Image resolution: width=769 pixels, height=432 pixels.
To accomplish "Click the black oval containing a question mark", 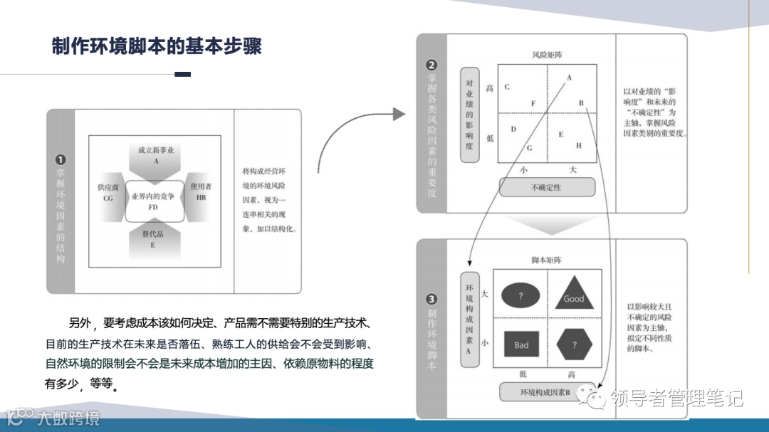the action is click(x=520, y=295).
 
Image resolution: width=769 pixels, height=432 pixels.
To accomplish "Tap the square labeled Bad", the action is click(x=522, y=345).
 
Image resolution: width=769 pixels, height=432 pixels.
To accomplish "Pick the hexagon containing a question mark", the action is click(x=575, y=345).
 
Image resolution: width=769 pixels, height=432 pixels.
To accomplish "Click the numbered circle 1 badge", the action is click(x=61, y=160).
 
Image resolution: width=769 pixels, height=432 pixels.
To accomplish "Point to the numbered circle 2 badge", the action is click(x=431, y=66).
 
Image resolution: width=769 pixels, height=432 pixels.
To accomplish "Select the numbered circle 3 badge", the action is click(x=431, y=300).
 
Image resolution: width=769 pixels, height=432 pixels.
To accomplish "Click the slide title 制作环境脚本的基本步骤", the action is click(x=157, y=46).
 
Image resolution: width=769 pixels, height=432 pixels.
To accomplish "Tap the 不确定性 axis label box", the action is click(x=546, y=187).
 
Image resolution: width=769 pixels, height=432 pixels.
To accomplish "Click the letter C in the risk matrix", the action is click(x=507, y=88).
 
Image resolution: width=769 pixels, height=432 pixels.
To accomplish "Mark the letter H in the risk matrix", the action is click(x=579, y=145).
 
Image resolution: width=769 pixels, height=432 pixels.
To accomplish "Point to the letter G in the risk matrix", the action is click(x=529, y=147).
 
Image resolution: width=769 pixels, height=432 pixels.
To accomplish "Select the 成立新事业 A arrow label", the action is click(x=155, y=155).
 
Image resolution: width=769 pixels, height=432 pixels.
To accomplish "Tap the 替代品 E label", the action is click(x=152, y=238).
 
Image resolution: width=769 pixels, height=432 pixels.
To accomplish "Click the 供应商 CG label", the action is click(x=108, y=193).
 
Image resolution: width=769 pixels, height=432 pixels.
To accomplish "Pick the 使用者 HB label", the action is click(x=201, y=192).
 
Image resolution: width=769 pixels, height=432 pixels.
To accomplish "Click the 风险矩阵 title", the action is click(x=546, y=55).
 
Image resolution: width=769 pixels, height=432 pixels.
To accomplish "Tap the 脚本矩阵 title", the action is click(x=546, y=260).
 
